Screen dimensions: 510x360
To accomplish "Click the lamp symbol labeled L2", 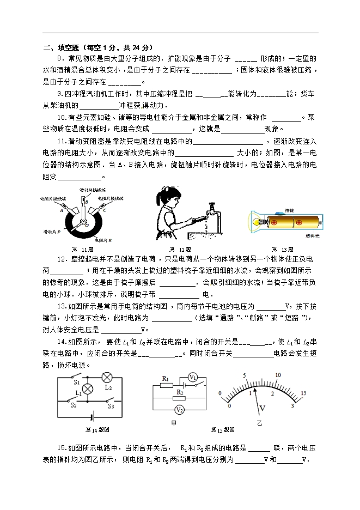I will click(x=107, y=377).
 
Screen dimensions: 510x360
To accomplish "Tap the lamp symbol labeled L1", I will click(x=86, y=388).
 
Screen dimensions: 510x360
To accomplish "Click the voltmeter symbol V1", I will click(x=192, y=378).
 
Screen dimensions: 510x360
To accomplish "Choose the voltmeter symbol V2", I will click(x=181, y=410).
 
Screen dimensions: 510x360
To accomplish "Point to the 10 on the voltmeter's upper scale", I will click(x=278, y=375).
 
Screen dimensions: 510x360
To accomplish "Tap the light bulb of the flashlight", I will click(x=255, y=222).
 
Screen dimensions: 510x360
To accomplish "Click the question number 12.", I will click(x=61, y=258).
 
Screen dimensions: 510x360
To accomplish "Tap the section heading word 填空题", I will click(x=64, y=48).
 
